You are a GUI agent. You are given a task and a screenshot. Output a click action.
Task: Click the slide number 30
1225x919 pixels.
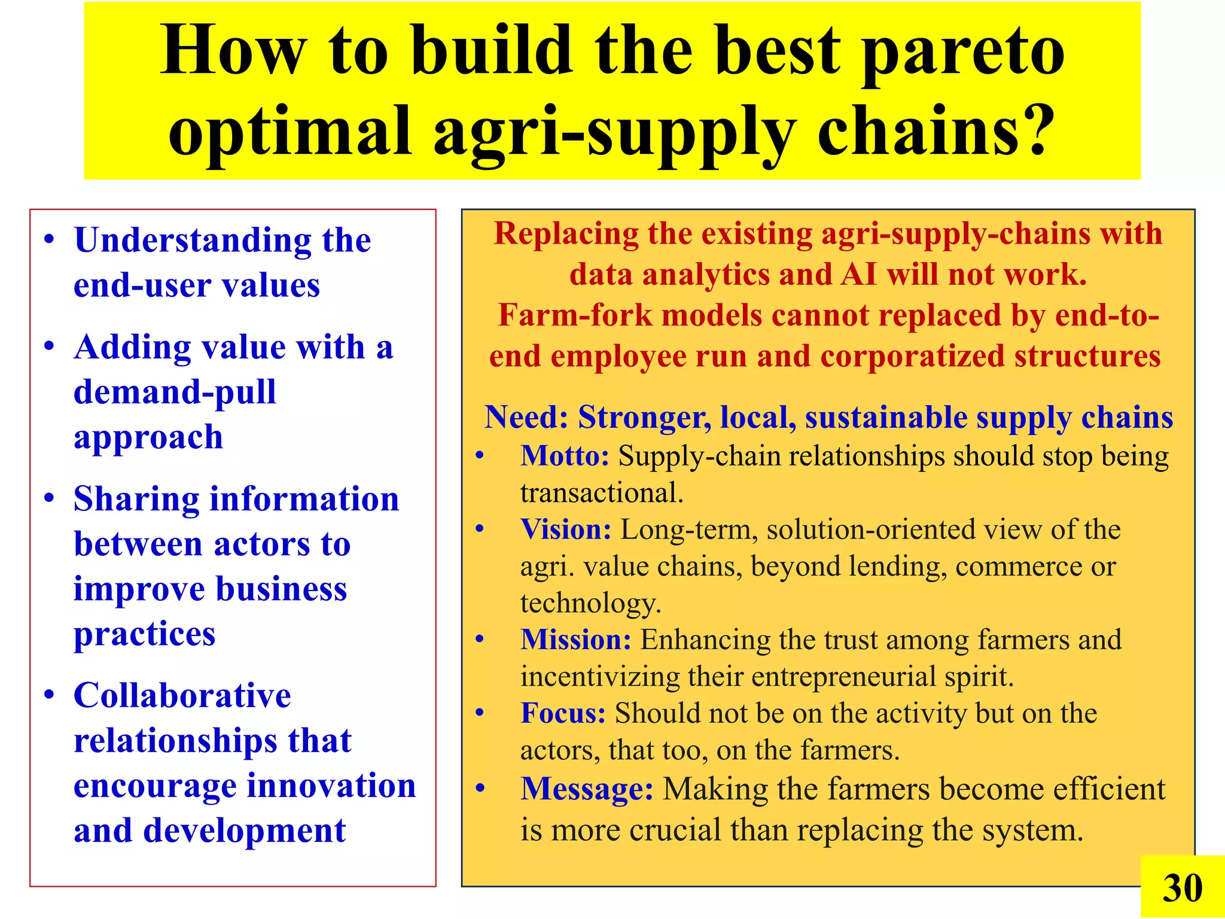click(1182, 888)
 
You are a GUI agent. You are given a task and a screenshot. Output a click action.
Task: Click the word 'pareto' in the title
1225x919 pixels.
click(964, 54)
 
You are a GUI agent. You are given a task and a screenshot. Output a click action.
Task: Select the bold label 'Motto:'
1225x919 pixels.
click(565, 456)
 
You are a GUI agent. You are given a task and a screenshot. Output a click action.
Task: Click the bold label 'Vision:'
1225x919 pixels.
click(566, 530)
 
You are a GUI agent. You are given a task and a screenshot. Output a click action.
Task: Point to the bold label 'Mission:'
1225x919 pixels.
click(575, 640)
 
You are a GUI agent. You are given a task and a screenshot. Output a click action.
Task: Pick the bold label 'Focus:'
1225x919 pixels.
click(563, 713)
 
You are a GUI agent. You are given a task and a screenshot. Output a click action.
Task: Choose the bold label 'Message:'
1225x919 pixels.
click(587, 789)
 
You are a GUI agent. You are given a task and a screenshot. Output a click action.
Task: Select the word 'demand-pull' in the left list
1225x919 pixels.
click(175, 392)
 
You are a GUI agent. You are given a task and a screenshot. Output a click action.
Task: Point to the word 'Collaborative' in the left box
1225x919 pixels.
click(182, 695)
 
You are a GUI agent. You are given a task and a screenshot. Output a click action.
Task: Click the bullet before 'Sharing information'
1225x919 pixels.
click(50, 498)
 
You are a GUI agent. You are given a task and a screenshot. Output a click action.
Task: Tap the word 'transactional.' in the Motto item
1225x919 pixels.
click(602, 493)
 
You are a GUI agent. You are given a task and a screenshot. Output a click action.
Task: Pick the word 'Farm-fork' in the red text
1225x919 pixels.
click(574, 315)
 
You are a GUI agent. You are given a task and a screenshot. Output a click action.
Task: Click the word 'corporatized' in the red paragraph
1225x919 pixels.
click(912, 357)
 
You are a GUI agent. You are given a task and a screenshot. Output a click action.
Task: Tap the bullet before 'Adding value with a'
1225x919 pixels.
click(50, 347)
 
